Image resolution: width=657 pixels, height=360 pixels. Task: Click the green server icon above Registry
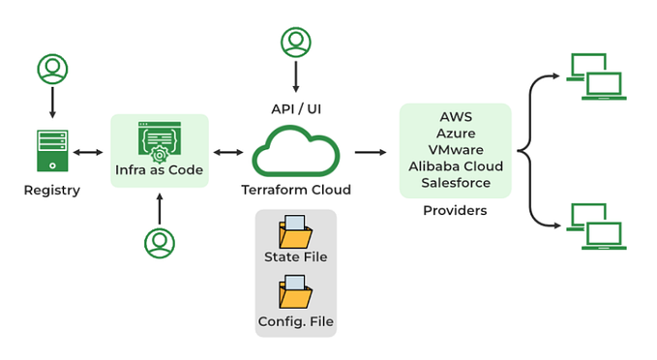pyautogui.click(x=51, y=151)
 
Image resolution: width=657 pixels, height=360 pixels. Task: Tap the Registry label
pyautogui.click(x=51, y=191)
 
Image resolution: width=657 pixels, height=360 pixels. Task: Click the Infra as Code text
pyautogui.click(x=160, y=170)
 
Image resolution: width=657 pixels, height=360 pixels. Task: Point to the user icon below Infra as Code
pyautogui.click(x=160, y=243)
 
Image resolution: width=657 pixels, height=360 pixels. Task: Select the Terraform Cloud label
pyautogui.click(x=295, y=190)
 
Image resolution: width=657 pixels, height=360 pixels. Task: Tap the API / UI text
pyautogui.click(x=295, y=108)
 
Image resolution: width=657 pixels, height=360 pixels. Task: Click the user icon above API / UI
pyautogui.click(x=295, y=42)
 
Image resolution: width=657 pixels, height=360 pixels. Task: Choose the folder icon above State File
pyautogui.click(x=295, y=231)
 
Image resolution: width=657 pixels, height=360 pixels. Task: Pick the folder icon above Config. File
pyautogui.click(x=295, y=292)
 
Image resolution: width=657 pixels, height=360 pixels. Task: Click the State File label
pyautogui.click(x=295, y=256)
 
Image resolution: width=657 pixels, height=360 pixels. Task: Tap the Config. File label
pyautogui.click(x=295, y=320)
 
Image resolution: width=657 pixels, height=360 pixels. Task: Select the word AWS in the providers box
pyautogui.click(x=455, y=116)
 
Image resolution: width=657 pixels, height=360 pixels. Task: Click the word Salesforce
pyautogui.click(x=455, y=182)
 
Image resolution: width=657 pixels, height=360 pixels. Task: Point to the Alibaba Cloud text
pyautogui.click(x=455, y=165)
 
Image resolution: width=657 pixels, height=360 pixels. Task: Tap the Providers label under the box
pyautogui.click(x=455, y=210)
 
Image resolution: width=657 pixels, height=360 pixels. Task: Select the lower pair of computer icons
pyautogui.click(x=595, y=226)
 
